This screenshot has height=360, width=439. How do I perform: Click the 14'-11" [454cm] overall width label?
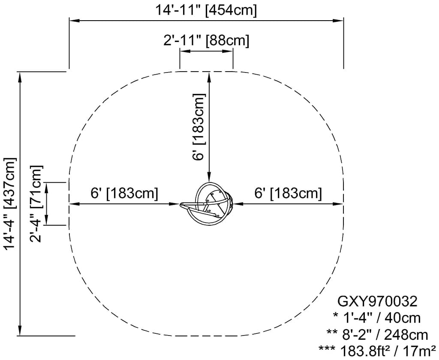(x=206, y=11)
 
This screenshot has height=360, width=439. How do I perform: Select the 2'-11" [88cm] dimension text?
(x=206, y=41)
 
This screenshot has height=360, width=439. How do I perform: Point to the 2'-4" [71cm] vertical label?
(x=36, y=204)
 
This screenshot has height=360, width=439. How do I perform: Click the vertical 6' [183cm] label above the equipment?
(x=199, y=127)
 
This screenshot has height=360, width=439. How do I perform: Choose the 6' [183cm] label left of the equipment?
(x=124, y=194)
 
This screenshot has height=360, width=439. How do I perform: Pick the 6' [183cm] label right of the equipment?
(x=288, y=194)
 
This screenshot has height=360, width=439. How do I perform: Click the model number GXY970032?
(x=378, y=302)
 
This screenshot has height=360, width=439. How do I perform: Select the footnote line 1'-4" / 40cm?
(x=377, y=318)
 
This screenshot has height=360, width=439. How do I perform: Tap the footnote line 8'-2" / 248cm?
(x=377, y=335)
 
